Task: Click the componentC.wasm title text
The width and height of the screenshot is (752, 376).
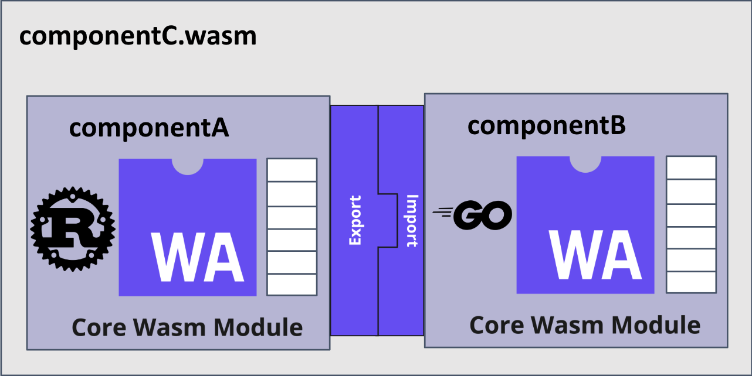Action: click(x=138, y=36)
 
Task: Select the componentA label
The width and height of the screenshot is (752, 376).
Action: click(x=149, y=128)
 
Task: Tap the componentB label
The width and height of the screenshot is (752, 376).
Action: click(x=547, y=125)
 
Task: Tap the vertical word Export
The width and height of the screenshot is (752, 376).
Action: click(x=355, y=220)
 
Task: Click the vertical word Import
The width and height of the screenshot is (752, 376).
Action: click(x=411, y=220)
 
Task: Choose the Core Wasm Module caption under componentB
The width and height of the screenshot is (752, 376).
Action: click(x=585, y=325)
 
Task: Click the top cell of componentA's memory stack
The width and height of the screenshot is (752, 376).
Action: click(x=292, y=170)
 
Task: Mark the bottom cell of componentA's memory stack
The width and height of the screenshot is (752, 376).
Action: click(x=292, y=284)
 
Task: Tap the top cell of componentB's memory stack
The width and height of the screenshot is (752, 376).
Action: click(x=691, y=168)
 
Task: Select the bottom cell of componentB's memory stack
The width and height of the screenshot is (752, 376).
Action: click(x=691, y=282)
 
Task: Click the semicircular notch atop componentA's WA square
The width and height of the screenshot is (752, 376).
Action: click(x=188, y=166)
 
